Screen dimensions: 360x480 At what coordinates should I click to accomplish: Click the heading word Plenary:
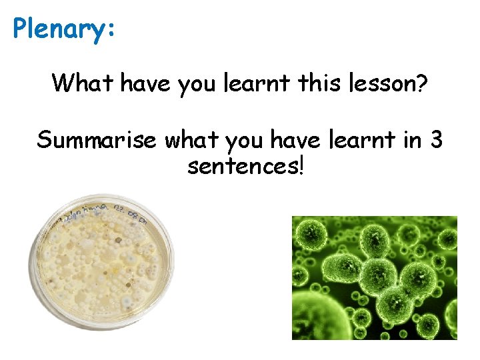64,29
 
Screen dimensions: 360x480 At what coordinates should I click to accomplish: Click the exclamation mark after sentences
301,166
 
